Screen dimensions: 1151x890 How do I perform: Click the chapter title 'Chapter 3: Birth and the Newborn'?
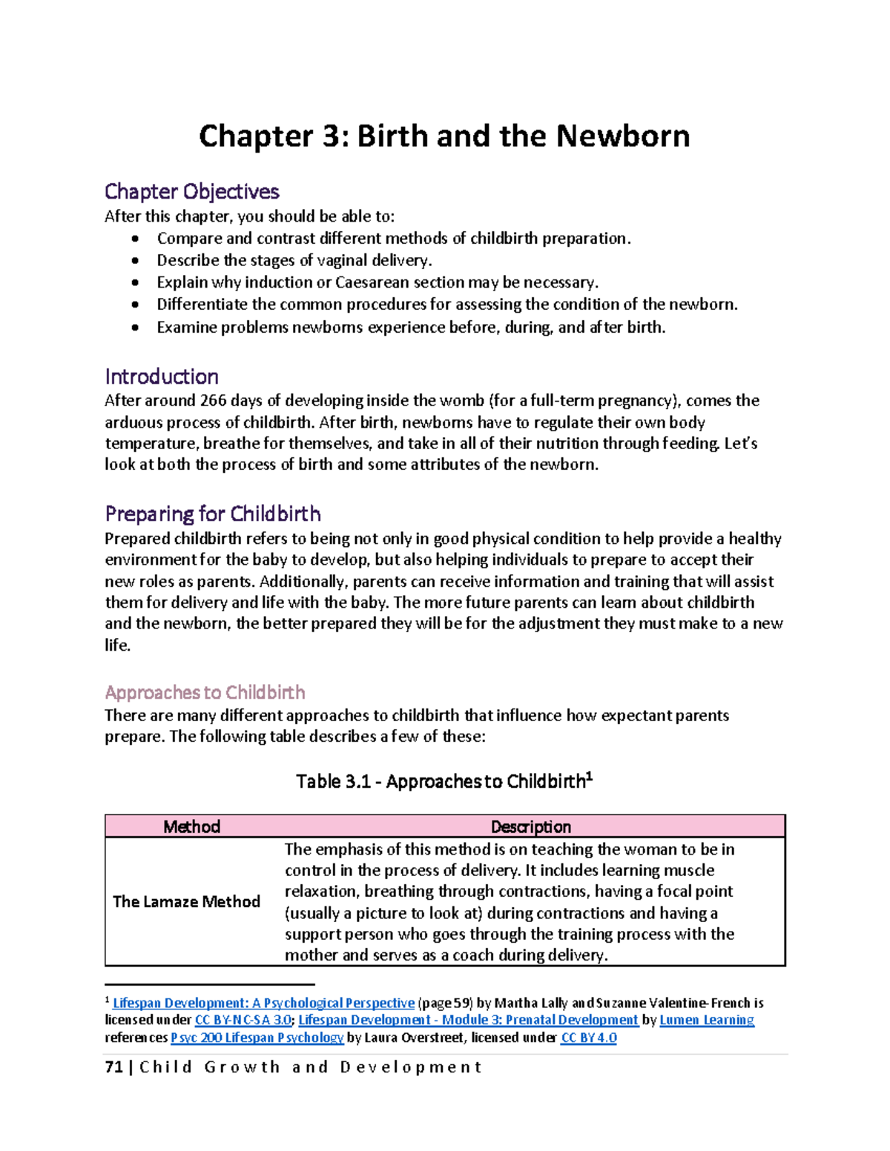point(444,136)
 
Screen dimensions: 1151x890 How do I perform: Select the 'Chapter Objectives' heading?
point(191,191)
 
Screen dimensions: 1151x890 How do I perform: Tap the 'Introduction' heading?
point(161,377)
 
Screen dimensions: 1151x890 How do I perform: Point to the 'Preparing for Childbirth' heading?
point(213,514)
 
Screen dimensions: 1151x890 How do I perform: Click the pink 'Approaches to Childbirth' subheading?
point(205,692)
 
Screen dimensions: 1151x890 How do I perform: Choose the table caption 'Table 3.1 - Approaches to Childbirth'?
point(444,781)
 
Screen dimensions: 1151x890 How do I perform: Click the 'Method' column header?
point(191,826)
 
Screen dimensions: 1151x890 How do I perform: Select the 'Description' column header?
point(530,826)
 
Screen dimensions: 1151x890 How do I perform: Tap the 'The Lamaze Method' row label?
point(186,901)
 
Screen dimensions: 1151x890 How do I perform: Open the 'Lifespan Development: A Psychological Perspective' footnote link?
point(263,1003)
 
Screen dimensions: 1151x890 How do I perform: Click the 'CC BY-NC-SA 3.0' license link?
point(243,1020)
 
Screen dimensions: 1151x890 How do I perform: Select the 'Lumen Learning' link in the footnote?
point(707,1020)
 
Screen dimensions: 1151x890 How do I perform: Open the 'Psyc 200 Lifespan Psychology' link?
point(257,1038)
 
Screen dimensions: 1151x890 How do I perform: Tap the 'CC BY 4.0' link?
point(589,1038)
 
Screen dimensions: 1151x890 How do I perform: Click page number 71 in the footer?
point(113,1067)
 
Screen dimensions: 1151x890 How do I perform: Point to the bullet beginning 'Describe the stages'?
point(294,260)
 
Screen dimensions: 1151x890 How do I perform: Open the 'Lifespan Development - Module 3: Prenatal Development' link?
point(468,1020)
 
